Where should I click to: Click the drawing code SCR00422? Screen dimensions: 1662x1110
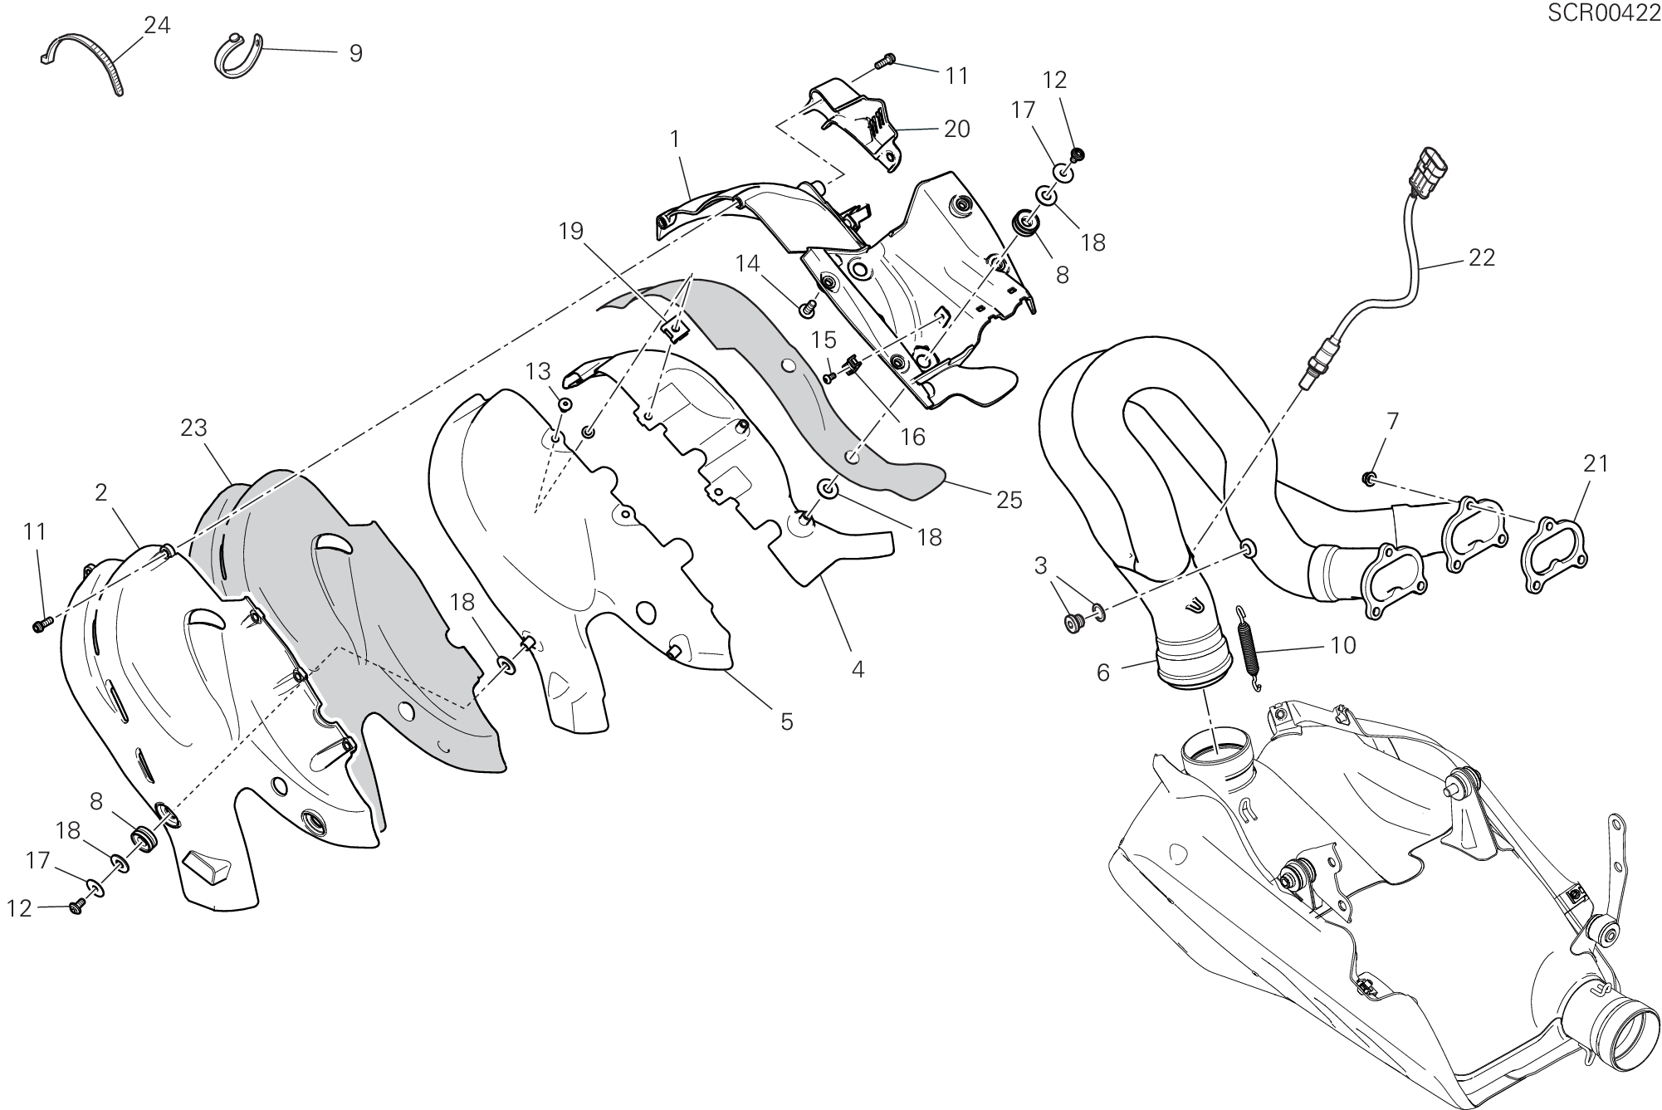click(1603, 14)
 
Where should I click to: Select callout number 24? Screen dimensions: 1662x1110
click(157, 26)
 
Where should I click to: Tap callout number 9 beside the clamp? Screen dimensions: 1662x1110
click(355, 54)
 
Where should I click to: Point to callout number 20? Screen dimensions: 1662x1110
click(956, 130)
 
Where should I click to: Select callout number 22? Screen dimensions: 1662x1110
click(1481, 258)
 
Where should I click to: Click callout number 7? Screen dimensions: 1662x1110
click(1392, 422)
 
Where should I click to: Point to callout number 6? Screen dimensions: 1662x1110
click(1102, 672)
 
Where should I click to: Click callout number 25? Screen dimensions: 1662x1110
click(1009, 500)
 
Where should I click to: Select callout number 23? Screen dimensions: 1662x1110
click(193, 428)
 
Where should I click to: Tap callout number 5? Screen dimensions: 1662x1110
click(786, 721)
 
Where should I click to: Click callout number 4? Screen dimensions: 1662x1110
click(858, 669)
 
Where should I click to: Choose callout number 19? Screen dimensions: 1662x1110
click(571, 231)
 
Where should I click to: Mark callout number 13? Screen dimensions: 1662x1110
click(538, 369)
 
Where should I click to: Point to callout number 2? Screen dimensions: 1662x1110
click(101, 493)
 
